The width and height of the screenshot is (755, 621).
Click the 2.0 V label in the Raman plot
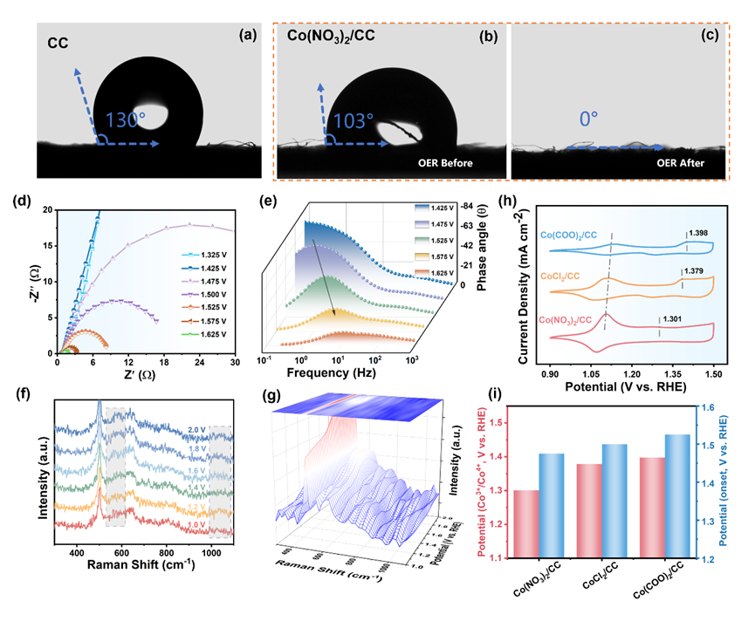click(198, 429)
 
